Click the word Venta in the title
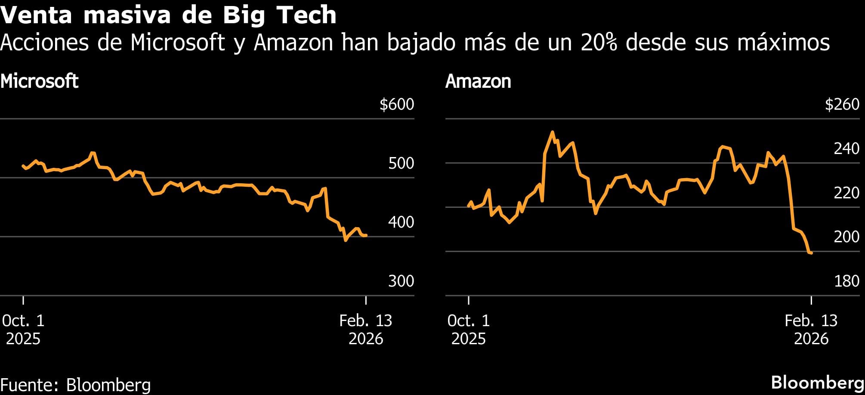point(36,15)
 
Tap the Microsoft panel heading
point(39,81)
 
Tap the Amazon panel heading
point(478,81)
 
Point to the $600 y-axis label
point(396,105)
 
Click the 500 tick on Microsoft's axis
point(401,164)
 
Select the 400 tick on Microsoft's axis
point(401,222)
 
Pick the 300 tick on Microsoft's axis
point(401,281)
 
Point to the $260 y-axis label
point(842,105)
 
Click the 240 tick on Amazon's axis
point(846,149)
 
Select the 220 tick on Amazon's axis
point(846,193)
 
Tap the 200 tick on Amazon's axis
point(846,237)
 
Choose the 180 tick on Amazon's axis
point(846,281)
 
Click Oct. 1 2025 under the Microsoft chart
point(23,330)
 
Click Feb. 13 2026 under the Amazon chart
point(811,330)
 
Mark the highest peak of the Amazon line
point(553,132)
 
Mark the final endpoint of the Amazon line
point(811,253)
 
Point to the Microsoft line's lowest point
point(346,241)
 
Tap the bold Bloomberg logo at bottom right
point(817,383)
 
